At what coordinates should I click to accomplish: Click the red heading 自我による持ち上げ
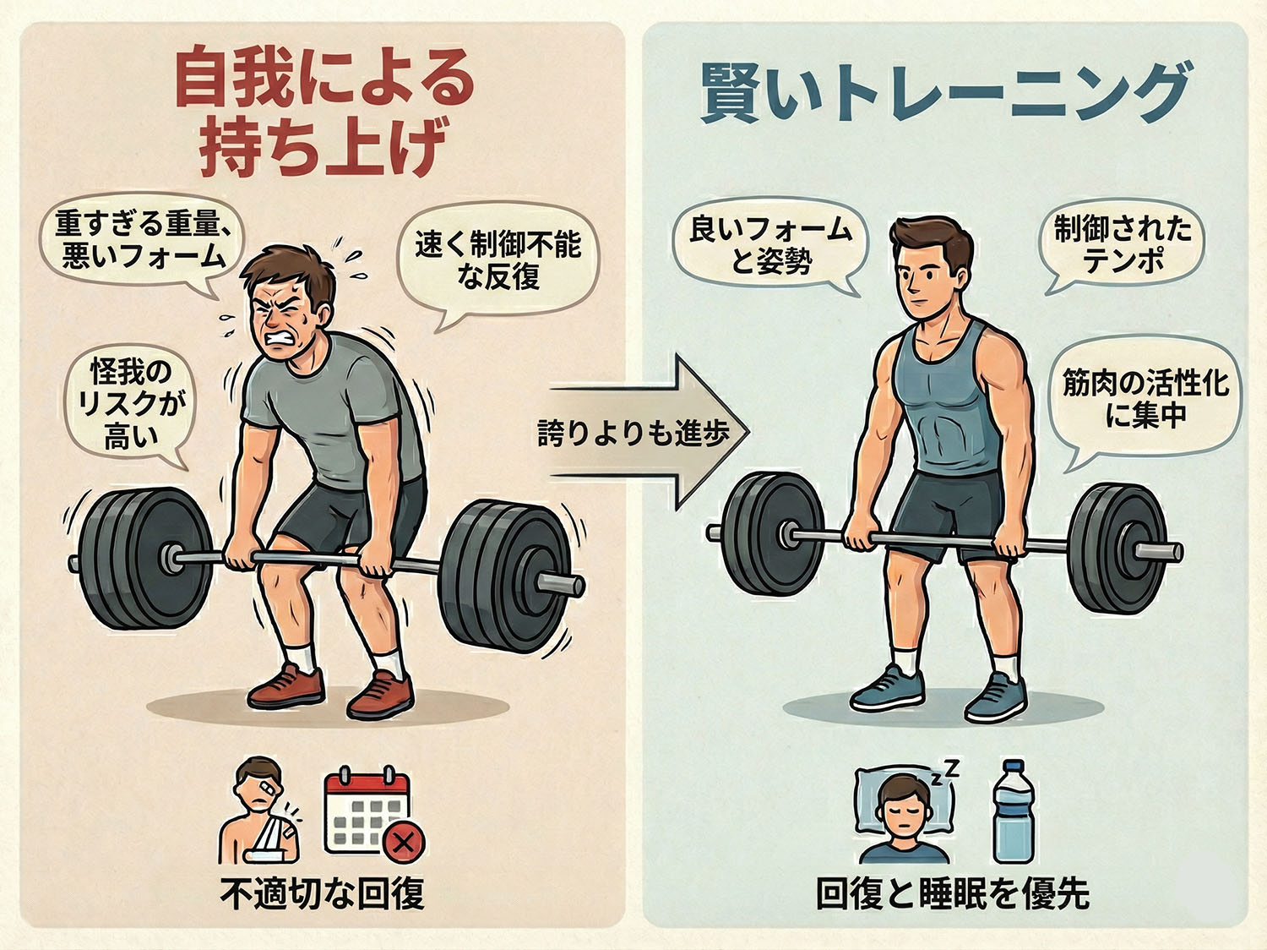324,112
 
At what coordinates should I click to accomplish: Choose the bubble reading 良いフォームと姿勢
771,245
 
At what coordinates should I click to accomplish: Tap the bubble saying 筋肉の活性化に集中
1145,398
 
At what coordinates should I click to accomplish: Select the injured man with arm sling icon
258,811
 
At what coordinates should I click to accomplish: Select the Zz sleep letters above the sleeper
945,773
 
